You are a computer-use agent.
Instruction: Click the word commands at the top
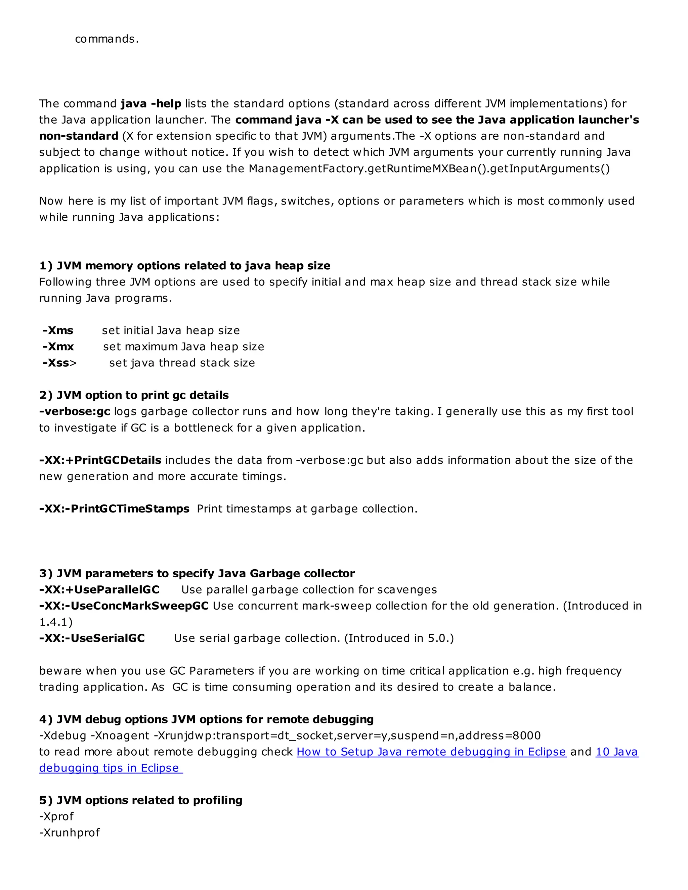[107, 39]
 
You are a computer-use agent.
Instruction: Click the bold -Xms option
[58, 330]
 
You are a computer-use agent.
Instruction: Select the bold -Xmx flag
[58, 347]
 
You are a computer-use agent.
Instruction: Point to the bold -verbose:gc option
[75, 412]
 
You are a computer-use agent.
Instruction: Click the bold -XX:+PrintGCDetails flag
[100, 460]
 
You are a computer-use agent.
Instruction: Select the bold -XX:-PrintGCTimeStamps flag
[114, 509]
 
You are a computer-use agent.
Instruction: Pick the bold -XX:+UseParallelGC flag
[99, 590]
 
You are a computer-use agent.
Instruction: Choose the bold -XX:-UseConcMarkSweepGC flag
[124, 606]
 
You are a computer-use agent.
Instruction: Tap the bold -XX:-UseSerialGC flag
[92, 638]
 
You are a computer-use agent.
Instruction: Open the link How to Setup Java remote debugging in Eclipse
[431, 752]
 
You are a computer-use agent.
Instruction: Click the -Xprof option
[57, 817]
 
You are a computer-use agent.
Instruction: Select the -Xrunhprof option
[70, 833]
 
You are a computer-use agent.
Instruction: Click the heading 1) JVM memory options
[185, 266]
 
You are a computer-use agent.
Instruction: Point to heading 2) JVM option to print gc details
[134, 395]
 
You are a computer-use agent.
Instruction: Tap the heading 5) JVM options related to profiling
[141, 800]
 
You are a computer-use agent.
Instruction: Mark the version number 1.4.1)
[56, 622]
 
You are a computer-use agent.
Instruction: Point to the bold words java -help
[151, 104]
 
